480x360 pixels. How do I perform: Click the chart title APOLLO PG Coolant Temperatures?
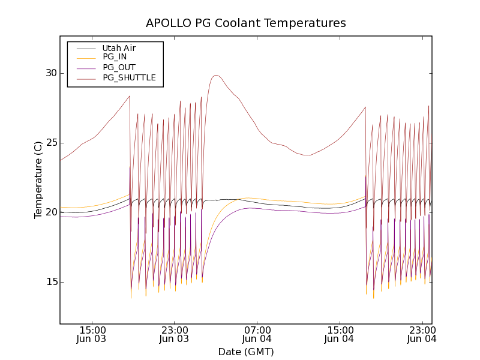click(x=246, y=23)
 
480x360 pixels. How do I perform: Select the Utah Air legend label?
click(x=119, y=48)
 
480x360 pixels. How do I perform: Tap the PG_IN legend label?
click(x=115, y=57)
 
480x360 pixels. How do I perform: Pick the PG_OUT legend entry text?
click(x=119, y=67)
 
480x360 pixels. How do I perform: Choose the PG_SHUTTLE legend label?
click(x=129, y=77)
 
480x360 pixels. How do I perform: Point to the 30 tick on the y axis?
click(x=50, y=73)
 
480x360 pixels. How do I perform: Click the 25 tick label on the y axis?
click(x=50, y=143)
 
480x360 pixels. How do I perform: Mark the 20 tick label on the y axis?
click(x=50, y=212)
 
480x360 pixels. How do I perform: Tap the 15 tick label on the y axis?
click(x=50, y=282)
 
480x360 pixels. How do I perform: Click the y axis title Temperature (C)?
click(x=38, y=180)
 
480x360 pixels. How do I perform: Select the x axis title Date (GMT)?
click(x=246, y=352)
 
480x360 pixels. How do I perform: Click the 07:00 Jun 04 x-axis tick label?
click(x=257, y=334)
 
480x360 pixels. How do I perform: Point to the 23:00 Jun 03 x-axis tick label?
click(x=174, y=334)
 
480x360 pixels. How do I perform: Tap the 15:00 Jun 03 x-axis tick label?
click(x=92, y=334)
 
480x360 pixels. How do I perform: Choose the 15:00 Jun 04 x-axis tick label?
click(x=340, y=334)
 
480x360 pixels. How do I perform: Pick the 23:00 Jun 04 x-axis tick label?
click(x=422, y=334)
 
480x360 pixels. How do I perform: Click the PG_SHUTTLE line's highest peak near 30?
click(x=216, y=76)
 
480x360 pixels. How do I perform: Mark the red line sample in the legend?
click(x=85, y=78)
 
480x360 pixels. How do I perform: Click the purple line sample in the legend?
click(x=85, y=68)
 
